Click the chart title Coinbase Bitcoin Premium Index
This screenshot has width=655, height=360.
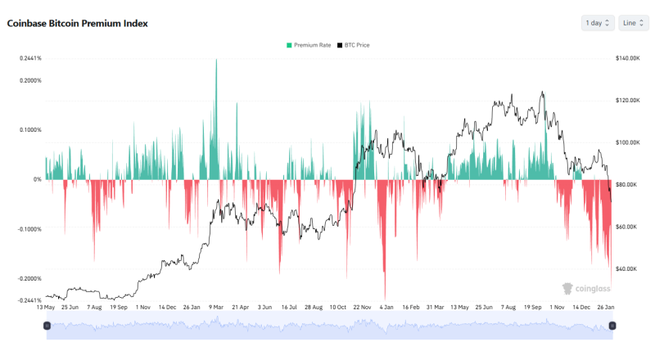pos(78,24)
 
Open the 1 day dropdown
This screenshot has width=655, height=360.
pos(598,23)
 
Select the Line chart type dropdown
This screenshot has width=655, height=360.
pos(634,23)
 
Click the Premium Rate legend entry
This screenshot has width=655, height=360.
pos(309,45)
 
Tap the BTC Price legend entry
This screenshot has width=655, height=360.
pos(355,45)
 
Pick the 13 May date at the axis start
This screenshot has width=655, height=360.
pos(46,308)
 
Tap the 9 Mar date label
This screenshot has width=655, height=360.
pos(216,308)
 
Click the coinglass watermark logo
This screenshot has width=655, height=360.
pos(582,287)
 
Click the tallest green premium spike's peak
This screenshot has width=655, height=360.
pos(216,60)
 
